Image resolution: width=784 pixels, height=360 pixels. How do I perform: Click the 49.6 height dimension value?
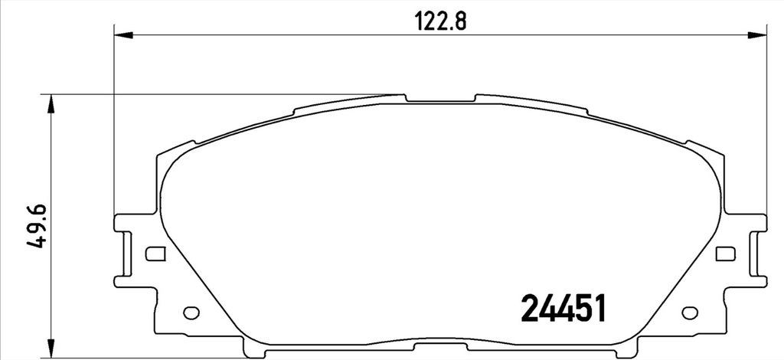coord(38,227)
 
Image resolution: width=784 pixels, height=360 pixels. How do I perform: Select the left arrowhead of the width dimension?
coord(123,35)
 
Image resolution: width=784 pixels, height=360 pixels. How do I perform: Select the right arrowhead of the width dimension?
coord(757,35)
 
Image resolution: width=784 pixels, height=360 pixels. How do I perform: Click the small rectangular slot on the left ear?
coord(155,254)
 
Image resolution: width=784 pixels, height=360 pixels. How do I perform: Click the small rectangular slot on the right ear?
coord(726,254)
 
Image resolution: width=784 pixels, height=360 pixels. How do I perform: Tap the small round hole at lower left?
coord(191,313)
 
